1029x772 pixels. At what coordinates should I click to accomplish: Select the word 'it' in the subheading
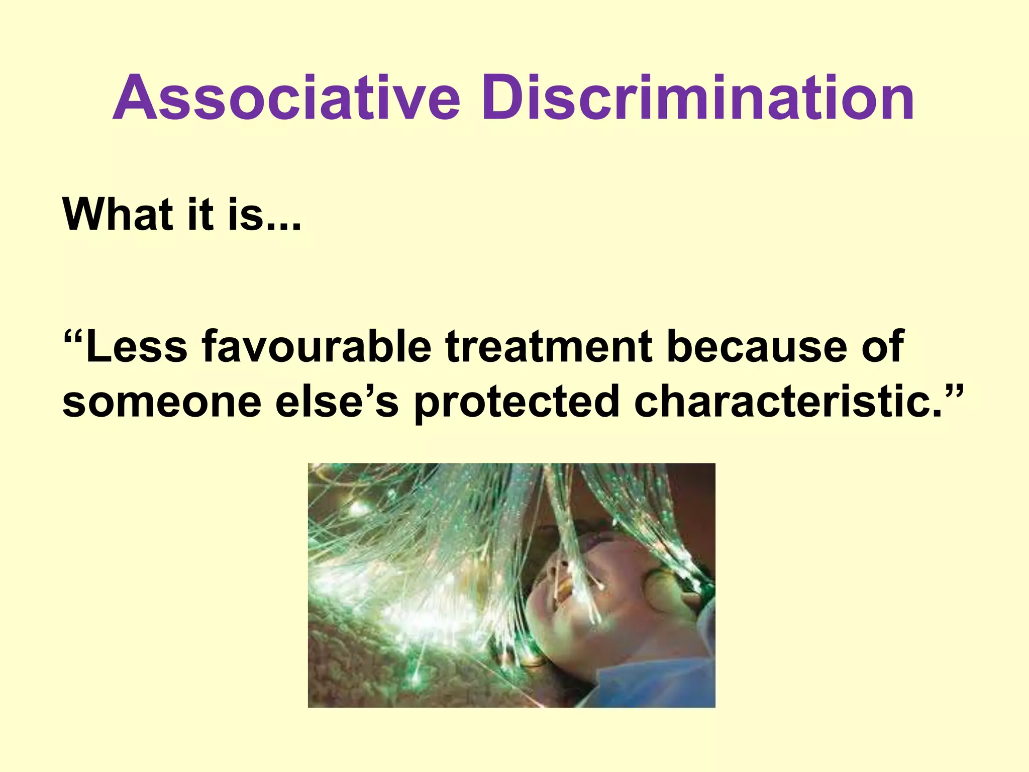(199, 215)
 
